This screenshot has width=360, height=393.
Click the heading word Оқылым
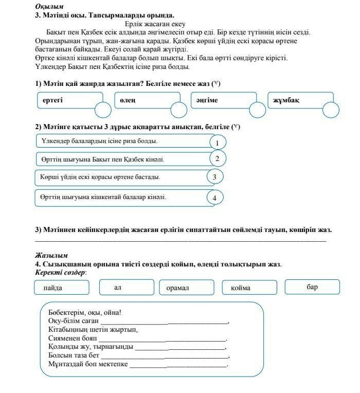click(49, 7)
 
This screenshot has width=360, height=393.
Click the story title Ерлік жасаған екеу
click(155, 24)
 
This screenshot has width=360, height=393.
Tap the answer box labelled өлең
click(146, 100)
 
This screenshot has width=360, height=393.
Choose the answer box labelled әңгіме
click(222, 100)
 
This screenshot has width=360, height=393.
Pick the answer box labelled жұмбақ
click(299, 100)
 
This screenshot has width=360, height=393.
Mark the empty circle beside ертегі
click(103, 110)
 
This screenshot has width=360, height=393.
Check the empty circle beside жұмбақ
click(331, 110)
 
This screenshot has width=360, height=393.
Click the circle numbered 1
click(218, 142)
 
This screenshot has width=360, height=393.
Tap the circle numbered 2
click(218, 159)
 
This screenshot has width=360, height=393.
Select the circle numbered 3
click(215, 177)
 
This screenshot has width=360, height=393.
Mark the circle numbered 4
click(215, 198)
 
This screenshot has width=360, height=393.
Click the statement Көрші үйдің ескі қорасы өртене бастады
click(100, 177)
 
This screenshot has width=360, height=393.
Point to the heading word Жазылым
click(51, 255)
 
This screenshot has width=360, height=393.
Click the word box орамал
click(186, 288)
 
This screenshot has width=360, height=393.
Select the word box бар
click(312, 287)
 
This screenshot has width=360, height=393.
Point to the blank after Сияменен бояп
click(162, 339)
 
